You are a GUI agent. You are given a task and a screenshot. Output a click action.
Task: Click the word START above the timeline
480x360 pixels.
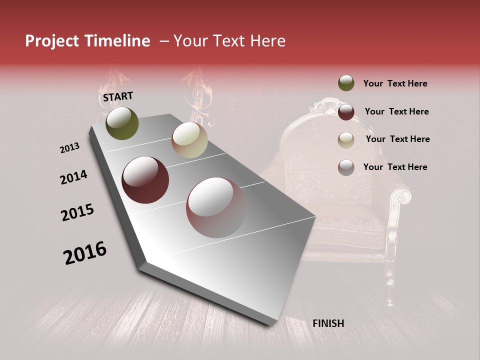click(x=118, y=96)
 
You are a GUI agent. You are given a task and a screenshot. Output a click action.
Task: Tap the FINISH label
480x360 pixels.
click(x=328, y=323)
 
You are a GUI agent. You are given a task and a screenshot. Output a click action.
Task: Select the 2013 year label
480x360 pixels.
click(x=69, y=148)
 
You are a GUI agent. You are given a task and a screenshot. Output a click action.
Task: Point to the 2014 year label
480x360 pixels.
click(x=73, y=177)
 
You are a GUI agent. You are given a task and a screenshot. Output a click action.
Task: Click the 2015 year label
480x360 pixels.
click(x=77, y=212)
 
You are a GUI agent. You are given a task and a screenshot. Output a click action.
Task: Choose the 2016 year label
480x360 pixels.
click(x=85, y=253)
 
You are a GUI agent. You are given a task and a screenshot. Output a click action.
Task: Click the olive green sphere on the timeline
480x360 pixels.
click(x=122, y=123)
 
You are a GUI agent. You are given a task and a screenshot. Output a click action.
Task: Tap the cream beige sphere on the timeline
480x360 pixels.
click(x=189, y=140)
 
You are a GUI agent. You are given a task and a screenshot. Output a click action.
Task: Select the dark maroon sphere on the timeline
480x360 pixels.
click(x=145, y=180)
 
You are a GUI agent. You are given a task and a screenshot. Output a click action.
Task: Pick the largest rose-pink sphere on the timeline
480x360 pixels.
click(x=216, y=207)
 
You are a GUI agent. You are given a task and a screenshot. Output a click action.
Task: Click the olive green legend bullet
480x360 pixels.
click(x=346, y=83)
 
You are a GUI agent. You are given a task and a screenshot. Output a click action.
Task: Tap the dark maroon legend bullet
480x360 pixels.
click(x=346, y=112)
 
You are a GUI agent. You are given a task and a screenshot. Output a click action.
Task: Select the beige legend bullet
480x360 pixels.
click(x=346, y=140)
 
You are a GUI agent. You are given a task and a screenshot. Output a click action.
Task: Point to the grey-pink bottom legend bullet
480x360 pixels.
click(x=346, y=167)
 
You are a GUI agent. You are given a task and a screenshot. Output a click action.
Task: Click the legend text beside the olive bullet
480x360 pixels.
click(x=395, y=83)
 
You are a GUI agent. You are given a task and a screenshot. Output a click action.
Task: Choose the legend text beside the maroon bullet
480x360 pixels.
click(x=396, y=111)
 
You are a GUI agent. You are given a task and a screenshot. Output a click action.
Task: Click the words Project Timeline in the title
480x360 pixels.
click(x=87, y=41)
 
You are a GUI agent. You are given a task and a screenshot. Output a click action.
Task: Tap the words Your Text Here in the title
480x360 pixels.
click(x=229, y=41)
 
